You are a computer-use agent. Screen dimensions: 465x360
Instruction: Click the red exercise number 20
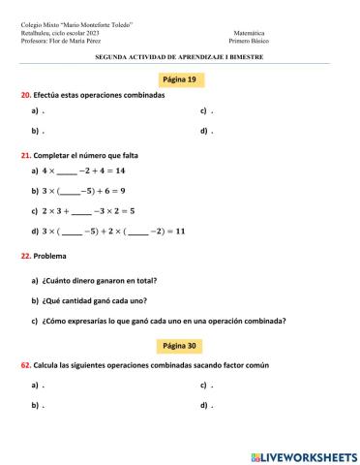pos(25,96)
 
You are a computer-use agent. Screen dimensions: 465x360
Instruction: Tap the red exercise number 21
pos(25,155)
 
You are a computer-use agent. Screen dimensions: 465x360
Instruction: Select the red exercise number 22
pos(25,256)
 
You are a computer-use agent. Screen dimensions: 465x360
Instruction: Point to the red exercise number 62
pos(25,365)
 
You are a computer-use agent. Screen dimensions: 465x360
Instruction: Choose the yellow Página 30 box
pos(180,345)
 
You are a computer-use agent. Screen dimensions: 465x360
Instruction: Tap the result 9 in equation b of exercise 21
pos(123,191)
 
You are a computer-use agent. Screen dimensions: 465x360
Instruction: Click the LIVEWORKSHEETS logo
pos(303,455)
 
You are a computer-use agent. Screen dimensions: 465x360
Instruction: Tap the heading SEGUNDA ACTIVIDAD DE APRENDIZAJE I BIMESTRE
pos(180,57)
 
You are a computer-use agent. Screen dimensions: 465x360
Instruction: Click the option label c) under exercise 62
pos(204,385)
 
